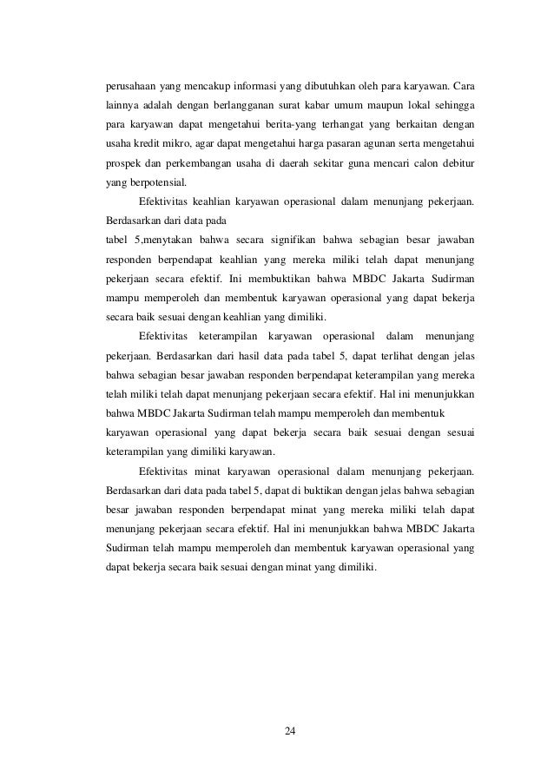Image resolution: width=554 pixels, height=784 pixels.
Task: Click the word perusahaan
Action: pos(132,87)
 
